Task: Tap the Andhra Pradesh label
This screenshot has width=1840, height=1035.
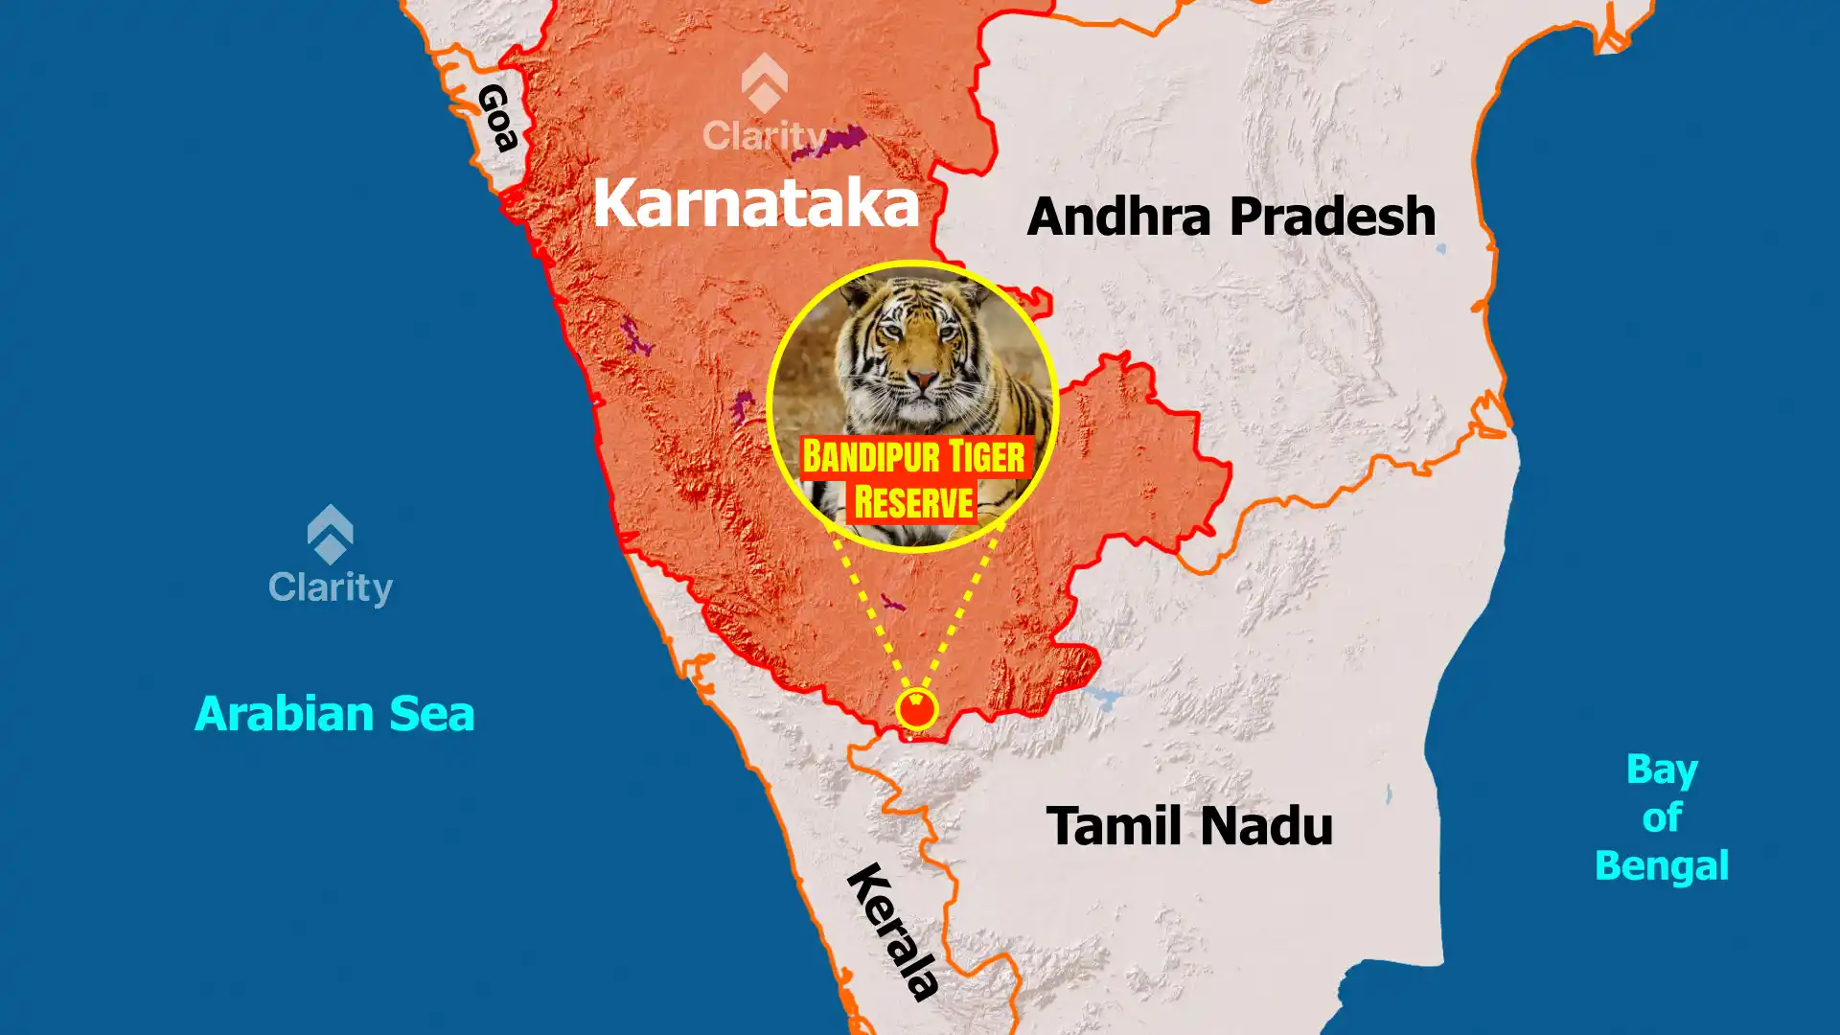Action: point(1230,217)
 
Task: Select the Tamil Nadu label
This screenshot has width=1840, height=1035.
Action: point(1189,826)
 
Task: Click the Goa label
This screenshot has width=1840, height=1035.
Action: point(497,118)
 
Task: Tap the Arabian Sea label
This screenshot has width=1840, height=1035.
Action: point(334,715)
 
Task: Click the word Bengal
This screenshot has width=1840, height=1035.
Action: point(1661,866)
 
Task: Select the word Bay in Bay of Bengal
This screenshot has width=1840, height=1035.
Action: point(1661,770)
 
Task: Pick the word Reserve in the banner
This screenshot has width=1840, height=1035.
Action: point(913,502)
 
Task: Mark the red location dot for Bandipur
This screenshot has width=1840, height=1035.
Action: point(917,710)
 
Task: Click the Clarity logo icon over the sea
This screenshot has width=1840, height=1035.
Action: point(331,534)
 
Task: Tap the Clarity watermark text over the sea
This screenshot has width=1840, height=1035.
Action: point(331,587)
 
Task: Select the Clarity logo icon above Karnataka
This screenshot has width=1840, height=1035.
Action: point(764,83)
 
